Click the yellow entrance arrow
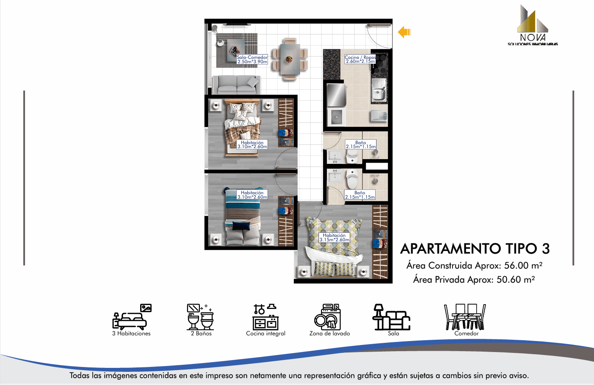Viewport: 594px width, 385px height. click(404, 32)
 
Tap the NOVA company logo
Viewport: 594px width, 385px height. click(533, 25)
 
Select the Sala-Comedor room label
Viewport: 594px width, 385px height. click(252, 59)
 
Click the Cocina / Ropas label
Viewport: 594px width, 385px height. click(360, 59)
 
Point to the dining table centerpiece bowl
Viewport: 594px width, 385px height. click(289, 59)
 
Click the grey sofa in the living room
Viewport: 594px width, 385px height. click(236, 85)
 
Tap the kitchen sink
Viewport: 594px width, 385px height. click(379, 90)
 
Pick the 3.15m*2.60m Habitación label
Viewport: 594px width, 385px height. click(334, 237)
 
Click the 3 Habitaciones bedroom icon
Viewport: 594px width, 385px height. click(132, 317)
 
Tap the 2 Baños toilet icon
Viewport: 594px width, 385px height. click(200, 317)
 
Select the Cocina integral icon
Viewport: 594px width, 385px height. click(265, 317)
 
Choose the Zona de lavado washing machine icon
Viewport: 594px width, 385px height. click(328, 317)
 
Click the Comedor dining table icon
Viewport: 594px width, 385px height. click(465, 317)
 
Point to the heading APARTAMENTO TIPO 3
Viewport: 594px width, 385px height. click(475, 249)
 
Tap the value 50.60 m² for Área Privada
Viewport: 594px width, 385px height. click(516, 280)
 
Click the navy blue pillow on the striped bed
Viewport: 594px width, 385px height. click(241, 225)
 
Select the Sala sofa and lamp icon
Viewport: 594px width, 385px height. click(391, 317)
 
